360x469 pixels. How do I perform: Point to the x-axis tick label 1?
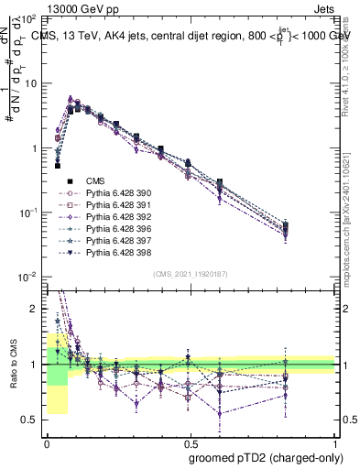coord(336,442)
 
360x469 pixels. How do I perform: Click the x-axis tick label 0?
coord(47,442)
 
